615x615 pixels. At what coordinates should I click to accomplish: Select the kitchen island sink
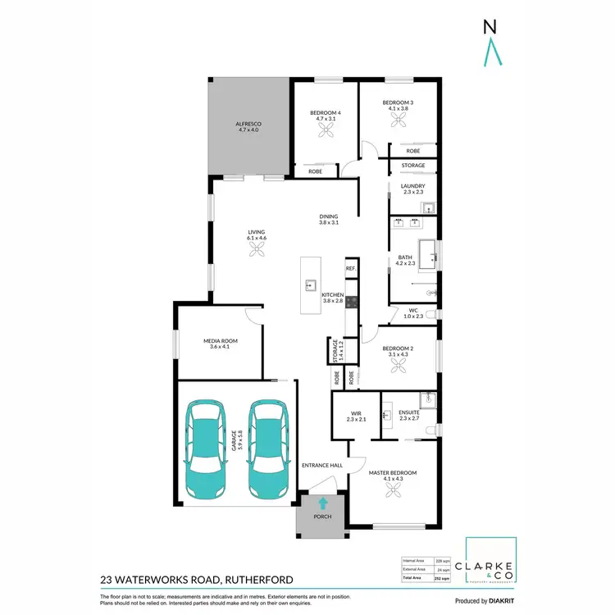pos(312,285)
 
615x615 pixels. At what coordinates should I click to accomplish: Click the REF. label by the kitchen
pos(350,268)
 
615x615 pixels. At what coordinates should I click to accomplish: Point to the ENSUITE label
pos(408,413)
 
